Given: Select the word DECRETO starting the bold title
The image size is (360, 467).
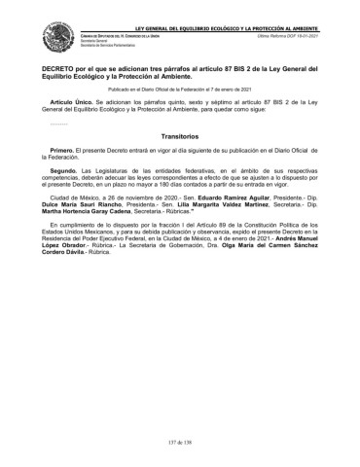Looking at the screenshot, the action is pos(59,71).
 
